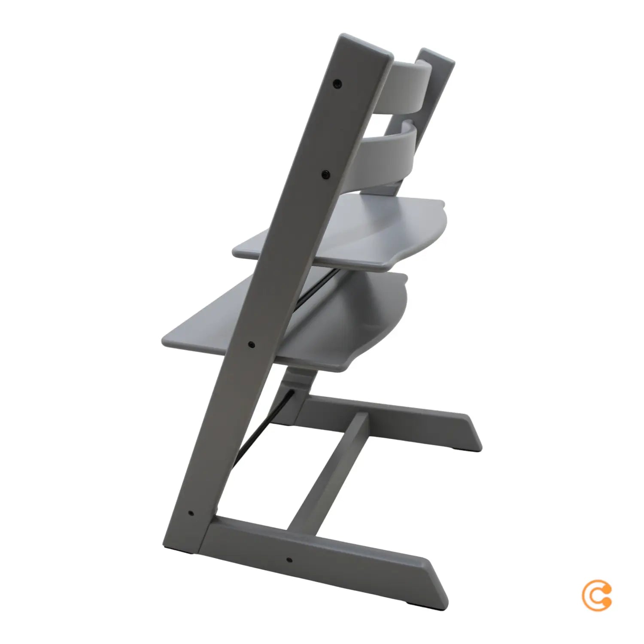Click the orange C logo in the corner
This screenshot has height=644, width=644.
[x=597, y=595]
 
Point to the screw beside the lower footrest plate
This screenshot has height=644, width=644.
[x=252, y=344]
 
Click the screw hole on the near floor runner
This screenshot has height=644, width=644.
[x=289, y=560]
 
